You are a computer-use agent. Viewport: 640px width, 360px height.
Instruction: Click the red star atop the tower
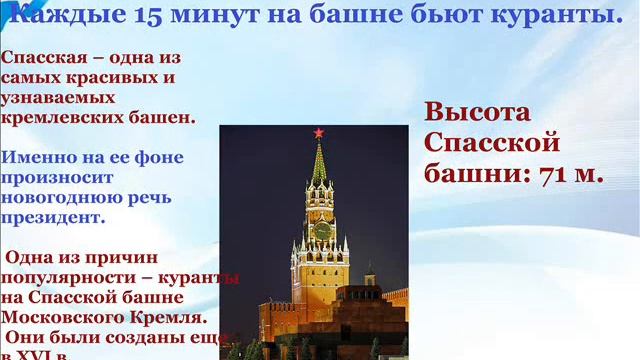coord(319,133)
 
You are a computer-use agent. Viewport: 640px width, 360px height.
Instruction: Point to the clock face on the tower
coord(322,230)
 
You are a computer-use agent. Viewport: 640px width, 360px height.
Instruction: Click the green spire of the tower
coord(319,165)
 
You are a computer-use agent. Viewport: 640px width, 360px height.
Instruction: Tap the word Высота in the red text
coord(477,111)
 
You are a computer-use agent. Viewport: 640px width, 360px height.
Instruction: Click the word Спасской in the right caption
coord(493,142)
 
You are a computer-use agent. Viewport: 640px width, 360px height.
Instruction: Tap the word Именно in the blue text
coord(35,157)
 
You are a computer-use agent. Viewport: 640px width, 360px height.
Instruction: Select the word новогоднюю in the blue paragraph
coord(50,196)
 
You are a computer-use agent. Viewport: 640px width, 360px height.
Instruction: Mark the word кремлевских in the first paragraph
coord(54,117)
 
